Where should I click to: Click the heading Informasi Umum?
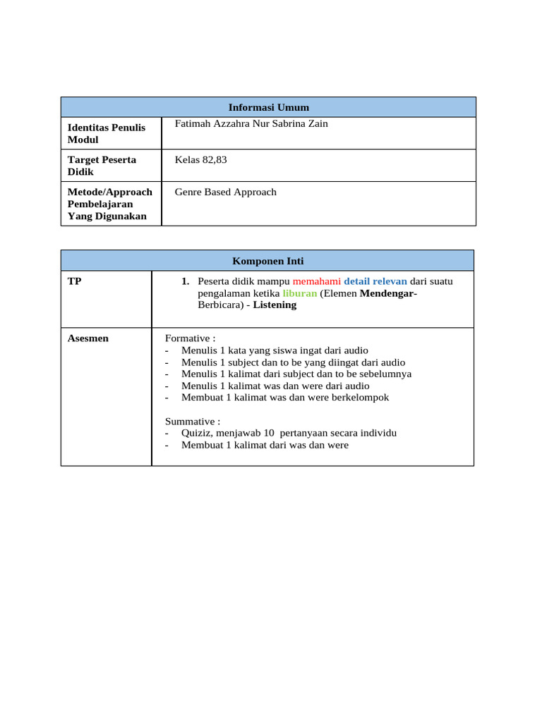coord(269,107)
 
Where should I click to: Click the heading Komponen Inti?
coord(267,261)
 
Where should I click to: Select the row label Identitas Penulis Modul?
coord(106,133)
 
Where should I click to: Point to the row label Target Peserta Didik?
coord(102,166)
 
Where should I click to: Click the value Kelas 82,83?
coord(201,160)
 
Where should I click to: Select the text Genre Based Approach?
coord(226,192)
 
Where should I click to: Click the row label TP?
coord(74,281)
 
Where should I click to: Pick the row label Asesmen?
coord(88,338)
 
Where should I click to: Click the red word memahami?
coord(316,281)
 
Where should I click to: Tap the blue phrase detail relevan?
coord(375,281)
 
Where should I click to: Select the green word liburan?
coord(299,293)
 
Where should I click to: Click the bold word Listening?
coord(275,305)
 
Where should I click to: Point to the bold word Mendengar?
coord(387,293)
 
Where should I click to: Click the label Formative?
coord(188,338)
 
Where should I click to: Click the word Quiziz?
coord(197,433)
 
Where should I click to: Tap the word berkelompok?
coord(360,398)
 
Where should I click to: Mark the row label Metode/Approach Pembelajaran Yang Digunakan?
coord(109,204)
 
